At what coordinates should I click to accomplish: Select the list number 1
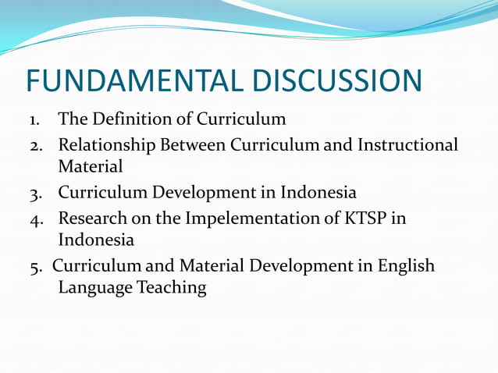coord(34,120)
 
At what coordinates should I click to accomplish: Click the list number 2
coord(36,145)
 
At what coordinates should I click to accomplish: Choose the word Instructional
coord(407,145)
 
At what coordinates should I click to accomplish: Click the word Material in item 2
coord(91,166)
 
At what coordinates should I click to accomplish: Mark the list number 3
coord(36,194)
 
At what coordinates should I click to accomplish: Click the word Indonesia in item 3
coord(316,193)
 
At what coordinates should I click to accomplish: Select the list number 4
coord(36,218)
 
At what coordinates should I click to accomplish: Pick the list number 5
coord(36,267)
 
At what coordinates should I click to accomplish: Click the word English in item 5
coord(407,266)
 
